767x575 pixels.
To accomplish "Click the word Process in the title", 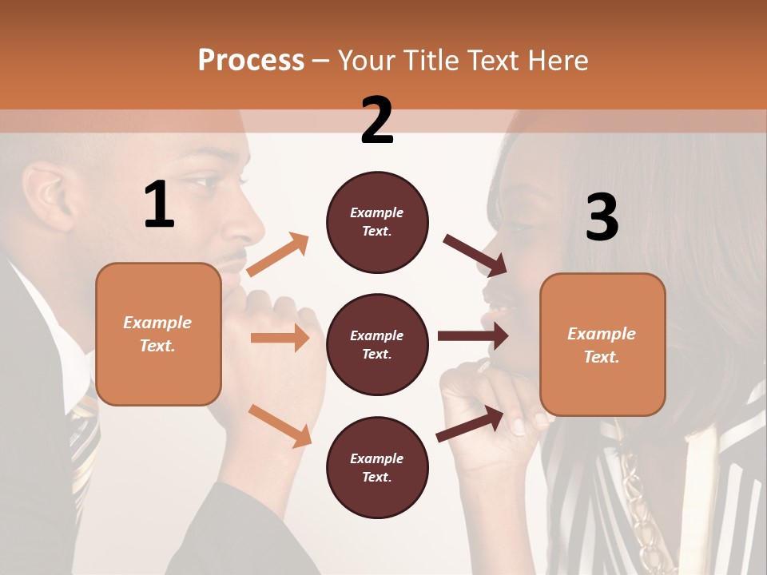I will (251, 60).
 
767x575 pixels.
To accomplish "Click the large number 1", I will (159, 205).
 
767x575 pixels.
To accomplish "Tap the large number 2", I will (377, 121).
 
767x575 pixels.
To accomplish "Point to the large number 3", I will (602, 217).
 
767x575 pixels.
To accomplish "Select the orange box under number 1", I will (158, 334).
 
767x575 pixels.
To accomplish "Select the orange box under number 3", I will (602, 344).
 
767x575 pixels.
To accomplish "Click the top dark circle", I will (377, 222).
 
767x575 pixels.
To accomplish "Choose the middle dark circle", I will (377, 344).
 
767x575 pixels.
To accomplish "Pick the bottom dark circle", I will (377, 467).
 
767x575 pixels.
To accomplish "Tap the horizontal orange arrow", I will (280, 338).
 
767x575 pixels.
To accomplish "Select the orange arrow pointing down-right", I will (280, 425).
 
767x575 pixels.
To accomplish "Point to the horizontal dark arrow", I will (472, 335).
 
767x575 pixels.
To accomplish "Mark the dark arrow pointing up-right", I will (471, 423).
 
